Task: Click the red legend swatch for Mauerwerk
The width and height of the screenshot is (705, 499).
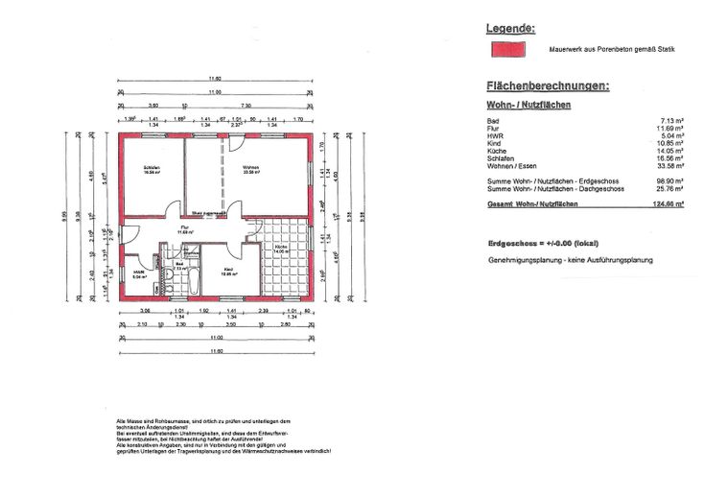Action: pos(508,48)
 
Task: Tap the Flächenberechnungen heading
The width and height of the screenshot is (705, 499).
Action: pos(548,86)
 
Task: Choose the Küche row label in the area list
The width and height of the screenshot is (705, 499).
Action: pos(496,151)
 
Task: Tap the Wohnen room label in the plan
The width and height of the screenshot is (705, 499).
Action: pos(251,170)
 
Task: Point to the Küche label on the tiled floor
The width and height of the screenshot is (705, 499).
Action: pos(281,248)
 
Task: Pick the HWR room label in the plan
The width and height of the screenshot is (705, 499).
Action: pos(139,272)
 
